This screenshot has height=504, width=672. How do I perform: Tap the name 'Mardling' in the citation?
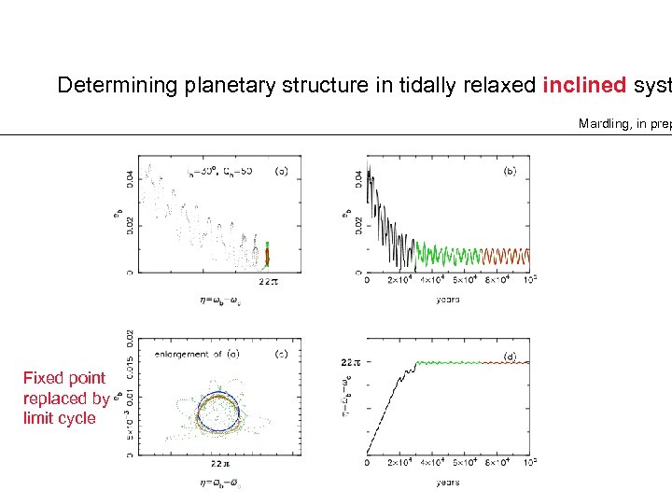(605, 123)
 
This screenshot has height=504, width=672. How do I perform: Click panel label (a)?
(281, 171)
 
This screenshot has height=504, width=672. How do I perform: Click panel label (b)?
(510, 171)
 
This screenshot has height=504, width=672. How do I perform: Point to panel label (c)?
(280, 353)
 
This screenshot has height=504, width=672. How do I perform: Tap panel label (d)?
(510, 356)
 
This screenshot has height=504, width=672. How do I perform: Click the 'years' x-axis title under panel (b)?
(447, 300)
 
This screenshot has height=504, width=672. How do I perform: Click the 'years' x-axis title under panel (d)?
(447, 482)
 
